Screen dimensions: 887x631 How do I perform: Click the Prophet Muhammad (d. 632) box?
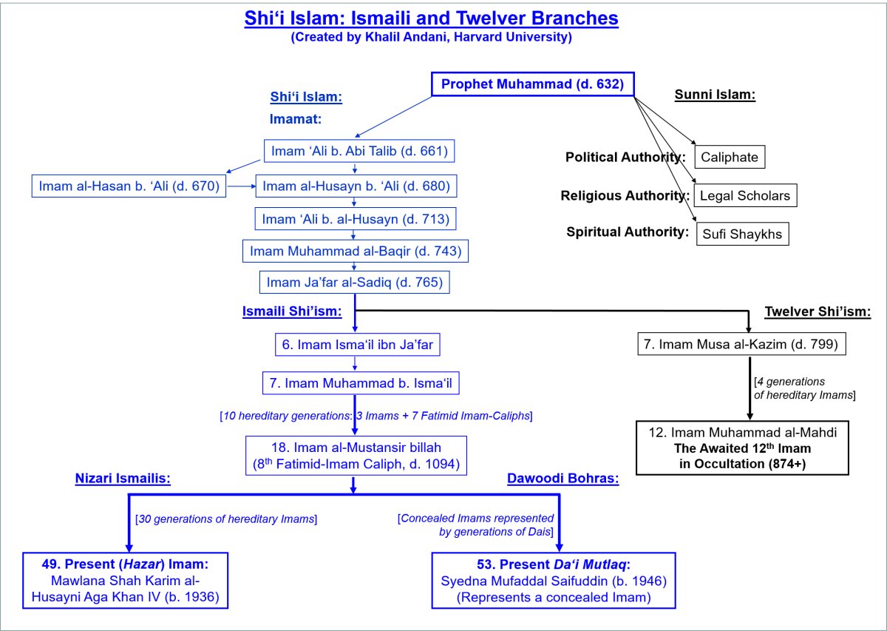pyautogui.click(x=533, y=84)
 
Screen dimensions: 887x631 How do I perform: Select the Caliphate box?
pyautogui.click(x=730, y=157)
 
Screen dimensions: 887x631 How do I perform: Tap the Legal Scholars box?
pyautogui.click(x=745, y=195)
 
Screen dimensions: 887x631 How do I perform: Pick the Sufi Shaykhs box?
pyautogui.click(x=742, y=234)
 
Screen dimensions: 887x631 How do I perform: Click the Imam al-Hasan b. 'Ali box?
pyautogui.click(x=129, y=186)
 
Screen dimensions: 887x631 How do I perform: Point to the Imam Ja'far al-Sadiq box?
pyautogui.click(x=354, y=282)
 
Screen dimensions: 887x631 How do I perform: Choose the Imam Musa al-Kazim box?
pyautogui.click(x=741, y=344)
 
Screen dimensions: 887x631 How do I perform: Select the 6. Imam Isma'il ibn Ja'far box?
pyautogui.click(x=357, y=345)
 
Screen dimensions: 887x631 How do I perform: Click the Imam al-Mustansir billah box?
pyautogui.click(x=356, y=456)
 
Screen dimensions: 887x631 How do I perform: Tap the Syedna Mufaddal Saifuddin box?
pyautogui.click(x=554, y=580)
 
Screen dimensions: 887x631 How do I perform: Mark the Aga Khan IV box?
pyautogui.click(x=125, y=580)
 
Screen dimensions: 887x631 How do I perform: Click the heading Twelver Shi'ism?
pyautogui.click(x=818, y=311)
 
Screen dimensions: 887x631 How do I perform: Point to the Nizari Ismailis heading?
pyautogui.click(x=123, y=479)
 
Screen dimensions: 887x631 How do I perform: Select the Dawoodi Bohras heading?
pyautogui.click(x=563, y=479)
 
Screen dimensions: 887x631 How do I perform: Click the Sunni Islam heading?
pyautogui.click(x=715, y=95)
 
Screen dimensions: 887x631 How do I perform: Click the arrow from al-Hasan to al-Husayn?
pyautogui.click(x=241, y=186)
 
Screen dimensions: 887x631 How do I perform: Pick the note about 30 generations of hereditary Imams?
pyautogui.click(x=226, y=519)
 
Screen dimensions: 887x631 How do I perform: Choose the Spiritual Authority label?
pyautogui.click(x=628, y=232)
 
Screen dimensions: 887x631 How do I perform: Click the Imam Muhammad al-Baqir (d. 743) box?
pyautogui.click(x=356, y=251)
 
